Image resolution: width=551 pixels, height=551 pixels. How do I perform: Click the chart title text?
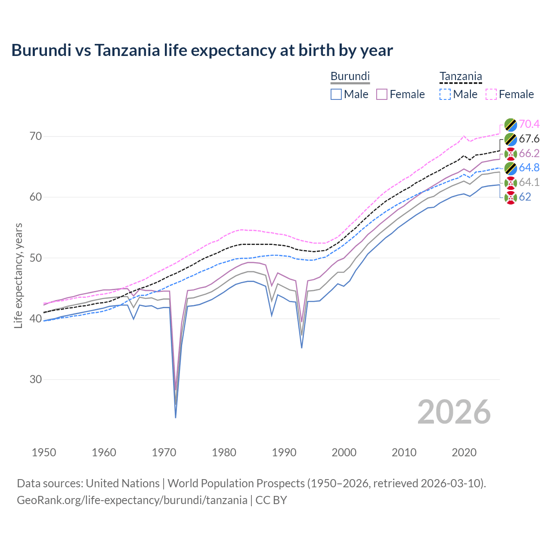(x=202, y=50)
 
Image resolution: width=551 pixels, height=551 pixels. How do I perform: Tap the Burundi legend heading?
(x=350, y=76)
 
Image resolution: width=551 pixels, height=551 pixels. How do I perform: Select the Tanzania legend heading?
(x=460, y=77)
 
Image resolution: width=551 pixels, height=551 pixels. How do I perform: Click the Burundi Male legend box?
(x=336, y=94)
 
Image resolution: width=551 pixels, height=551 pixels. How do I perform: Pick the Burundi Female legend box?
(x=382, y=94)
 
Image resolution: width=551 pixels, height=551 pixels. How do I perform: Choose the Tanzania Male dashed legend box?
(x=445, y=94)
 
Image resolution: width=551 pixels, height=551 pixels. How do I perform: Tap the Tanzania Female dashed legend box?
(x=491, y=94)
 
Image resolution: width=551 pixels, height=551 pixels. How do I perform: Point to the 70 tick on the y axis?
(x=36, y=136)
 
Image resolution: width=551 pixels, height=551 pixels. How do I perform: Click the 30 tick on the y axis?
(x=36, y=379)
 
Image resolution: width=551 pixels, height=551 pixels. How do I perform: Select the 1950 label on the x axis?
(x=44, y=452)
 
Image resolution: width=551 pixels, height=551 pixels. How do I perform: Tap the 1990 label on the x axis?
(x=284, y=452)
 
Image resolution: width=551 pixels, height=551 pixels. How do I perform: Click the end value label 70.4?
(x=529, y=124)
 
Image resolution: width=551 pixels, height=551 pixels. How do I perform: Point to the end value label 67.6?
(x=529, y=139)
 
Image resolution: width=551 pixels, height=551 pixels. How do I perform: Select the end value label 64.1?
(x=529, y=183)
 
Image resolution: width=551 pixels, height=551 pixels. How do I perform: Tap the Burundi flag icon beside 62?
(x=511, y=198)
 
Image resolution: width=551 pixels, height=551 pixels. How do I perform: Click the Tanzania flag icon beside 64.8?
(x=511, y=168)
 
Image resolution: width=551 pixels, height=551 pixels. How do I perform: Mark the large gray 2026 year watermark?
(x=454, y=412)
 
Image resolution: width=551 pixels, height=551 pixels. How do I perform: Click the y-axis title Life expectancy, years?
(x=19, y=275)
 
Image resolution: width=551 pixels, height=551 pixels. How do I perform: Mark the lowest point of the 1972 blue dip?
(x=176, y=418)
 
